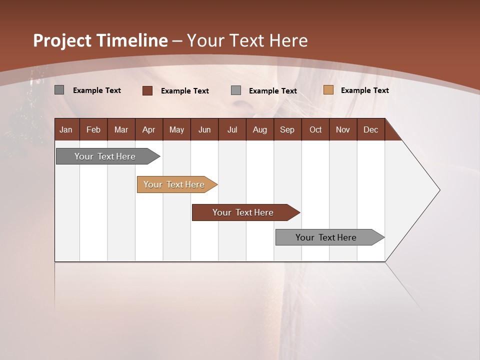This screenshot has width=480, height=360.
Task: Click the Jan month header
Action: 66,129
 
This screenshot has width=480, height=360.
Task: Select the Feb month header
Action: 93,129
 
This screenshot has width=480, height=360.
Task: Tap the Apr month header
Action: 149,129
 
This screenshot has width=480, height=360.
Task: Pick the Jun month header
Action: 204,129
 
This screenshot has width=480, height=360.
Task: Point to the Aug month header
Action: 260,129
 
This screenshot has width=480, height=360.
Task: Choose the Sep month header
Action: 287,129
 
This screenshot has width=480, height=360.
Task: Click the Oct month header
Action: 315,129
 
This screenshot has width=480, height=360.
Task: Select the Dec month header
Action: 371,129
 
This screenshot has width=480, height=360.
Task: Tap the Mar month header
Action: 121,129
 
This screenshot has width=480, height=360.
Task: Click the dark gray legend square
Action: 59,90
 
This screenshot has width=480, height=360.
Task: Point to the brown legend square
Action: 147,90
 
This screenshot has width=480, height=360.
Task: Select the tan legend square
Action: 328,90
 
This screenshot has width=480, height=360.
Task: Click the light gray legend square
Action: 236,90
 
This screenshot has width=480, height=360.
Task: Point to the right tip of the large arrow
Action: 439,190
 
